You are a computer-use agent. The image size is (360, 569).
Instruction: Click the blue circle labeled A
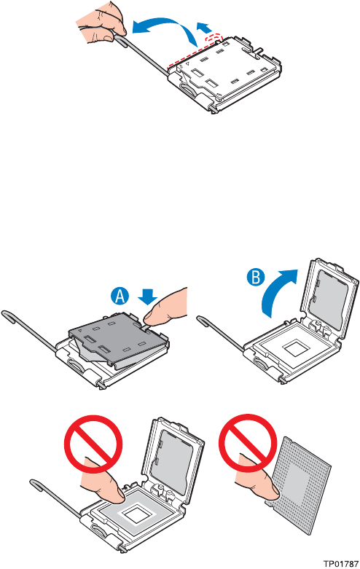(120, 297)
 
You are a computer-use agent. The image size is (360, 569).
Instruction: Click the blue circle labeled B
(256, 278)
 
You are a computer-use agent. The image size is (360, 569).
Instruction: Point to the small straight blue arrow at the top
(203, 27)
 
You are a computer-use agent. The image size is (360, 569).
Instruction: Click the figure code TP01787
(341, 564)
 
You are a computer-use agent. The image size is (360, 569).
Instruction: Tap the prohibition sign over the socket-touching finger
(93, 444)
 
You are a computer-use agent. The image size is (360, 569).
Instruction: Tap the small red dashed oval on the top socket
(214, 38)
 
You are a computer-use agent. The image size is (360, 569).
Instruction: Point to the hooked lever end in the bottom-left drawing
(36, 484)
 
